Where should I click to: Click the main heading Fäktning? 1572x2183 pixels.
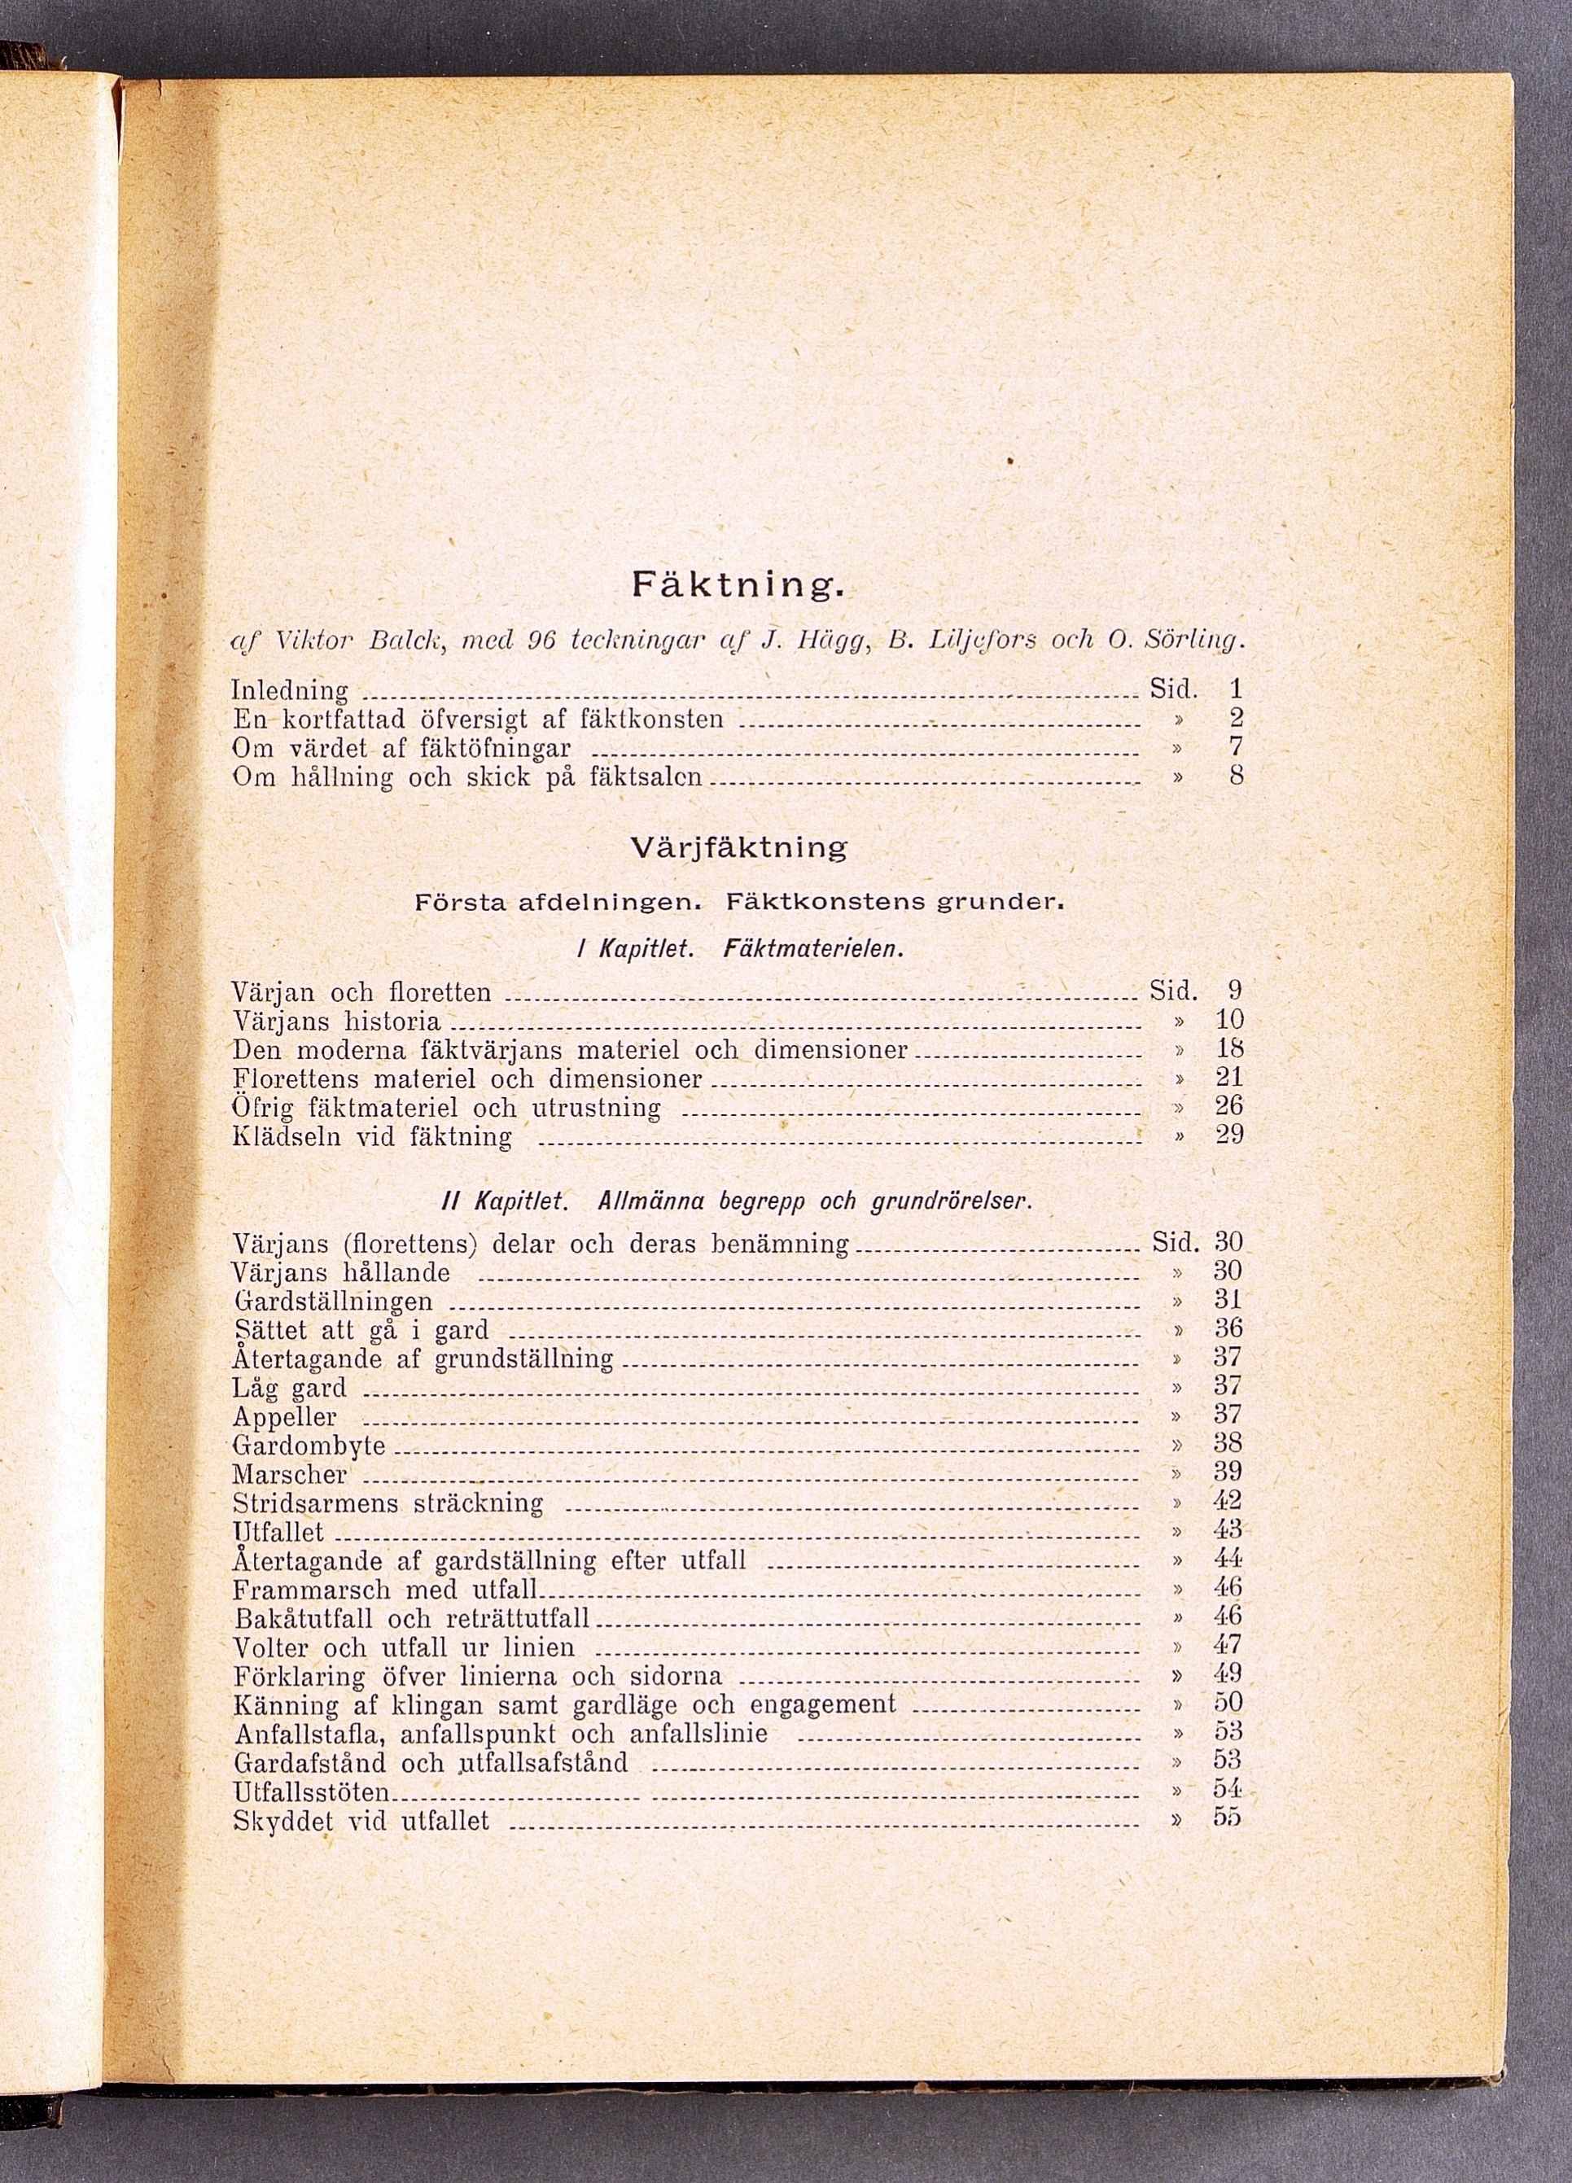[738, 585]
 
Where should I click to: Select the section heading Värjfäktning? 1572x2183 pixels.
[738, 848]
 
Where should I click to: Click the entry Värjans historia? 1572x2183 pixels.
[337, 1022]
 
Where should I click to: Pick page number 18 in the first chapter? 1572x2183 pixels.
[1229, 1048]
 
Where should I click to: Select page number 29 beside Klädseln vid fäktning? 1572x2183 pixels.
[1229, 1135]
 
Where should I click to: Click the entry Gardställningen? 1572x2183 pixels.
[333, 1302]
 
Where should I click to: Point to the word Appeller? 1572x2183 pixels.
[285, 1417]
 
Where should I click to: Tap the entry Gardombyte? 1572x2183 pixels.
[309, 1446]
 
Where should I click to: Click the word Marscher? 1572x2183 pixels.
[290, 1475]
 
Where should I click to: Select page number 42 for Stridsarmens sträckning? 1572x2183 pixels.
[1229, 1501]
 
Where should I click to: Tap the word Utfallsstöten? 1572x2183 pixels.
[312, 1792]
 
